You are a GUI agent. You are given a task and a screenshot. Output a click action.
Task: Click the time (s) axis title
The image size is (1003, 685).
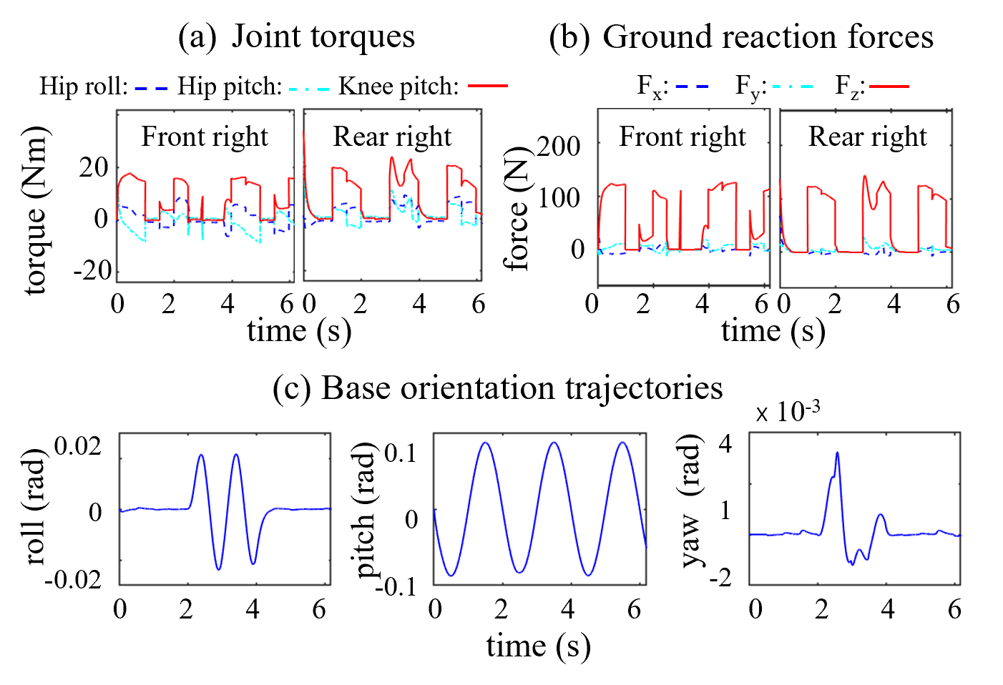click(x=538, y=646)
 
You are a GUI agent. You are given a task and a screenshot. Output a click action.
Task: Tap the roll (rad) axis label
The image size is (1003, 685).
click(x=36, y=507)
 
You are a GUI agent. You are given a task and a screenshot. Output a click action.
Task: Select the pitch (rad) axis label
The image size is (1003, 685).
click(x=366, y=510)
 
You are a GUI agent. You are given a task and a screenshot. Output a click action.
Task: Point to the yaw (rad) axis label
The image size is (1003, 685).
click(x=690, y=500)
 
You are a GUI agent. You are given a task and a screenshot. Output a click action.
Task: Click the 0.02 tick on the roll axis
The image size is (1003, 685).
click(x=77, y=446)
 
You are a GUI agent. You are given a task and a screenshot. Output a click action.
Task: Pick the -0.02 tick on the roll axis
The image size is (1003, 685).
click(x=73, y=578)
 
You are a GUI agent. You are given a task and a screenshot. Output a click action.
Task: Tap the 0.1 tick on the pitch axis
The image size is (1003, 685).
click(x=400, y=453)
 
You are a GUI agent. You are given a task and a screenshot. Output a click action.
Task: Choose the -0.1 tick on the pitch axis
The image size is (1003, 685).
click(x=396, y=586)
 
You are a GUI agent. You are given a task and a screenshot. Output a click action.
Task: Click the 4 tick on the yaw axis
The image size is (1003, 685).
click(x=725, y=444)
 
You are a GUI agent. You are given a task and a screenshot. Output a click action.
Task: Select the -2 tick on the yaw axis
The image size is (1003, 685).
click(x=720, y=577)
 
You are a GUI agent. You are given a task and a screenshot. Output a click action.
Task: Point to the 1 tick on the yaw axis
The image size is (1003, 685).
click(x=725, y=510)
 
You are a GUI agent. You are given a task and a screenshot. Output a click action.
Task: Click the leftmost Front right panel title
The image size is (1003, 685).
click(x=205, y=137)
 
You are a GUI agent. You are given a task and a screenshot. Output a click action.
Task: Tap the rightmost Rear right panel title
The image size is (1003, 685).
click(x=867, y=137)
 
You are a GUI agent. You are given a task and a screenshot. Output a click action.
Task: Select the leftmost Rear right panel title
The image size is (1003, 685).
click(x=392, y=137)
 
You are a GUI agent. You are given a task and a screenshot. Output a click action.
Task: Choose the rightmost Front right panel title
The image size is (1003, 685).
click(x=682, y=137)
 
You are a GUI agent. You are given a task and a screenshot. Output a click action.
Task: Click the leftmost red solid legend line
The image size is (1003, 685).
click(x=488, y=86)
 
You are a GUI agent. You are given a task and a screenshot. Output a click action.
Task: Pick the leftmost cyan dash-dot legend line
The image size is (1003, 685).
click(x=309, y=89)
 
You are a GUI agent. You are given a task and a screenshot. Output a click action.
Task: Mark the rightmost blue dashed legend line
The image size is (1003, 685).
click(x=691, y=87)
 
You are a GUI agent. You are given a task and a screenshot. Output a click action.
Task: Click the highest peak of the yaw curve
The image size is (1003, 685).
click(x=837, y=453)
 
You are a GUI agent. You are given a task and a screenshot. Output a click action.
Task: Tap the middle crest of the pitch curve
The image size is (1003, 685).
click(x=554, y=443)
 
